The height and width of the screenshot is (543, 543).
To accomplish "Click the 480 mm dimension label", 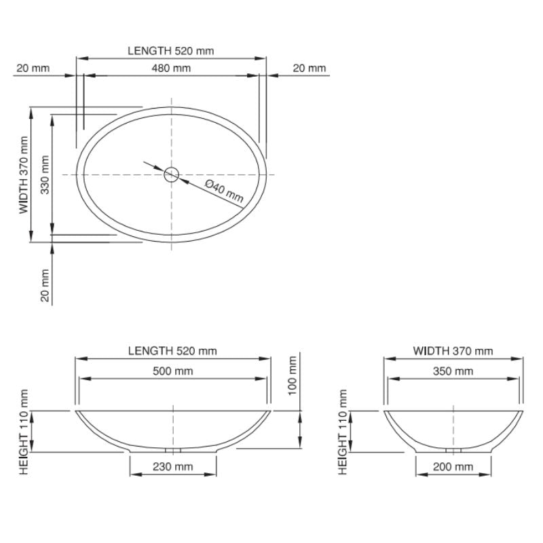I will [x=171, y=68].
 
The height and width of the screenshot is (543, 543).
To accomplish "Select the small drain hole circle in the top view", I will [x=171, y=174].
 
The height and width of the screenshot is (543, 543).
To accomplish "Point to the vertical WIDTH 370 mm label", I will [x=24, y=175].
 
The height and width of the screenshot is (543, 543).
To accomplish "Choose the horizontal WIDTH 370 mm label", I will [x=453, y=351].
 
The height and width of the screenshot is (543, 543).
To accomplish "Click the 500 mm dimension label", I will [x=174, y=371].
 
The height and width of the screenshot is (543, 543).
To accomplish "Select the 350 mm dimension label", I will [x=453, y=371].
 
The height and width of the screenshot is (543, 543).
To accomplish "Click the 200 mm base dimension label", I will [x=453, y=466].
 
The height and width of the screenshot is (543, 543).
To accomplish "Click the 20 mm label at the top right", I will [x=309, y=68].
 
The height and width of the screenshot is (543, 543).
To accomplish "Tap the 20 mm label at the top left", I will [x=33, y=68].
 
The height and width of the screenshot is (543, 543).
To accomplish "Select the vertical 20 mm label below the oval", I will [x=44, y=286].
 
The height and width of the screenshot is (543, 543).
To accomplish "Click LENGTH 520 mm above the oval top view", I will [x=171, y=50].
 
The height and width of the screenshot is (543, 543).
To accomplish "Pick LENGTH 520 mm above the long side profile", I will [x=172, y=351].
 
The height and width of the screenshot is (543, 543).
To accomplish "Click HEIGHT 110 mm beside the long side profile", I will [x=24, y=432].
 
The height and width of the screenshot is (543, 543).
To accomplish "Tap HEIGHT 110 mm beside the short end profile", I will [x=343, y=432].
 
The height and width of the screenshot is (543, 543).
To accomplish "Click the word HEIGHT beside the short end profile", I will [x=343, y=453].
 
